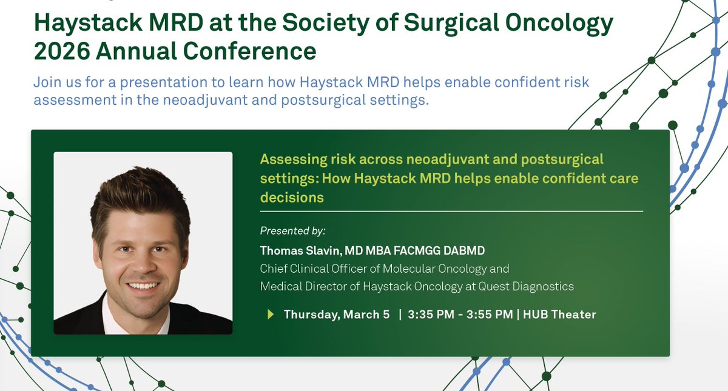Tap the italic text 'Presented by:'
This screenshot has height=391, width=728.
tap(293, 231)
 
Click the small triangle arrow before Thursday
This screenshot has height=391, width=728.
tap(271, 314)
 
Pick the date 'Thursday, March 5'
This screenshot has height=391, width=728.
tap(337, 314)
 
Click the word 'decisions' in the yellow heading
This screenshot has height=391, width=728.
tap(292, 197)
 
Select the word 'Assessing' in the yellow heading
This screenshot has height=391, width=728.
tap(289, 159)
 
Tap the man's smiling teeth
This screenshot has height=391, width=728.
tap(144, 285)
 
